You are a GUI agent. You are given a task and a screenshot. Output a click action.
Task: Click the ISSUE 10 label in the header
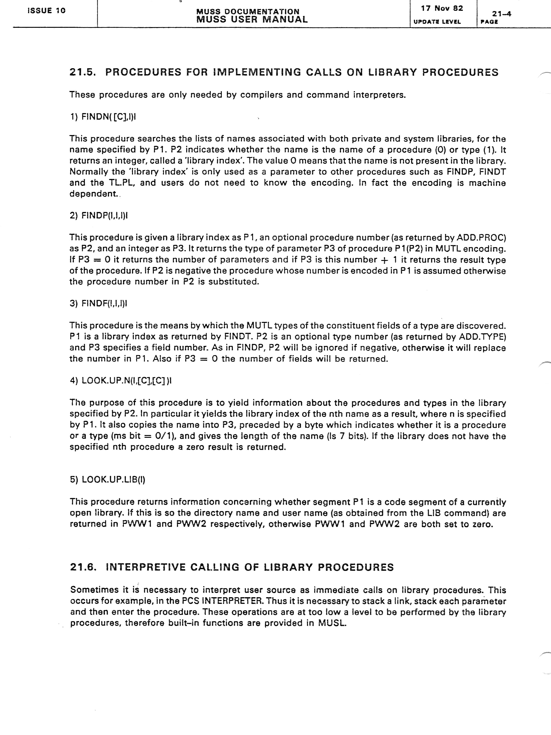[x=47, y=11]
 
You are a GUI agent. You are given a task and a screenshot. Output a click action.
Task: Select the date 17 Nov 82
[x=442, y=8]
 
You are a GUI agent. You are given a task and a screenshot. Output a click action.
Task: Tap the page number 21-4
[x=501, y=14]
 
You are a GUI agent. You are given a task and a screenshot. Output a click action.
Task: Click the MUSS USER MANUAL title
[x=252, y=19]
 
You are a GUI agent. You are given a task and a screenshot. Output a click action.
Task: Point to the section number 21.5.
[x=83, y=72]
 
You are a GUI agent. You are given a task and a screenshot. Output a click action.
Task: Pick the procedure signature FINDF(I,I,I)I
[x=104, y=303]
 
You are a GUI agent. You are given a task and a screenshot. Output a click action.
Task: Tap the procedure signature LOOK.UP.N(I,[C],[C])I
[x=127, y=380]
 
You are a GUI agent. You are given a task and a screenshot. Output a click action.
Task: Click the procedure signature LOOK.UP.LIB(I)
[x=113, y=480]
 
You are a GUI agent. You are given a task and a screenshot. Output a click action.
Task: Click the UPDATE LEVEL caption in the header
[x=437, y=22]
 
